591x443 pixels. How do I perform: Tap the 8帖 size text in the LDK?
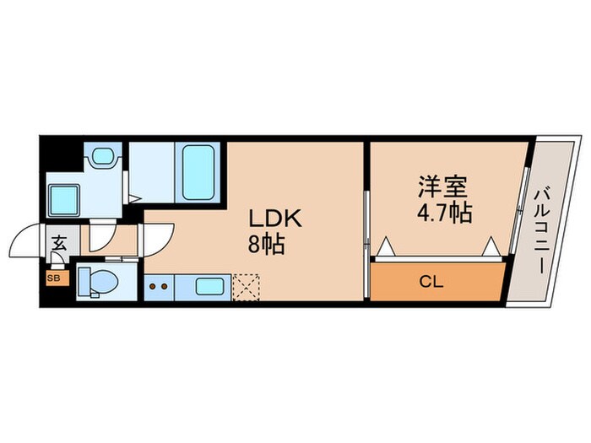(265, 246)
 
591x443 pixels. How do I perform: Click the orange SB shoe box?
(52, 276)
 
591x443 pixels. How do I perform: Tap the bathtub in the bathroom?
(198, 170)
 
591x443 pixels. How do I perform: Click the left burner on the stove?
(153, 286)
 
